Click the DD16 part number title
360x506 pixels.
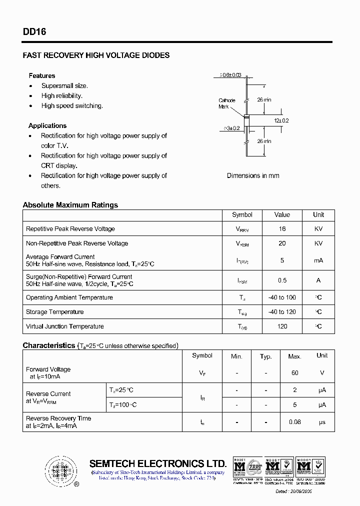[x=34, y=31]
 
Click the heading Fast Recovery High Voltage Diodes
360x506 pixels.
[x=96, y=55]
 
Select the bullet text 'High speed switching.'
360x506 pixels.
[x=72, y=105]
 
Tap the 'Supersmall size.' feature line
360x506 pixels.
[x=64, y=85]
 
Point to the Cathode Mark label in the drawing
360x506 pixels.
[x=226, y=103]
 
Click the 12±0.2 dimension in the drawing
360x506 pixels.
[x=281, y=120]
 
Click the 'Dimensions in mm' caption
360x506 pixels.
[x=253, y=175]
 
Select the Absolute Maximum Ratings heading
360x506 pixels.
[x=70, y=205]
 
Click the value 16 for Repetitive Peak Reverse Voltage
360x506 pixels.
[x=282, y=228]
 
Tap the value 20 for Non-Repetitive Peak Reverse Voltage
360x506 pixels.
[x=282, y=243]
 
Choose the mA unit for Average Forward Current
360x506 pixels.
[x=318, y=260]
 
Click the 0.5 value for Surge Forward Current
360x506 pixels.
[x=282, y=280]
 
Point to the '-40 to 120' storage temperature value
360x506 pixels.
[x=282, y=311]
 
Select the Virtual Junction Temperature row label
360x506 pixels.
[x=65, y=326]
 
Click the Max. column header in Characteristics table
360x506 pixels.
[x=295, y=356]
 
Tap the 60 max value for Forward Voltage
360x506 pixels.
[x=295, y=372]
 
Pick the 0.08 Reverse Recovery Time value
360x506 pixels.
[x=295, y=422]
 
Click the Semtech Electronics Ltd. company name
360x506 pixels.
[x=158, y=463]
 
